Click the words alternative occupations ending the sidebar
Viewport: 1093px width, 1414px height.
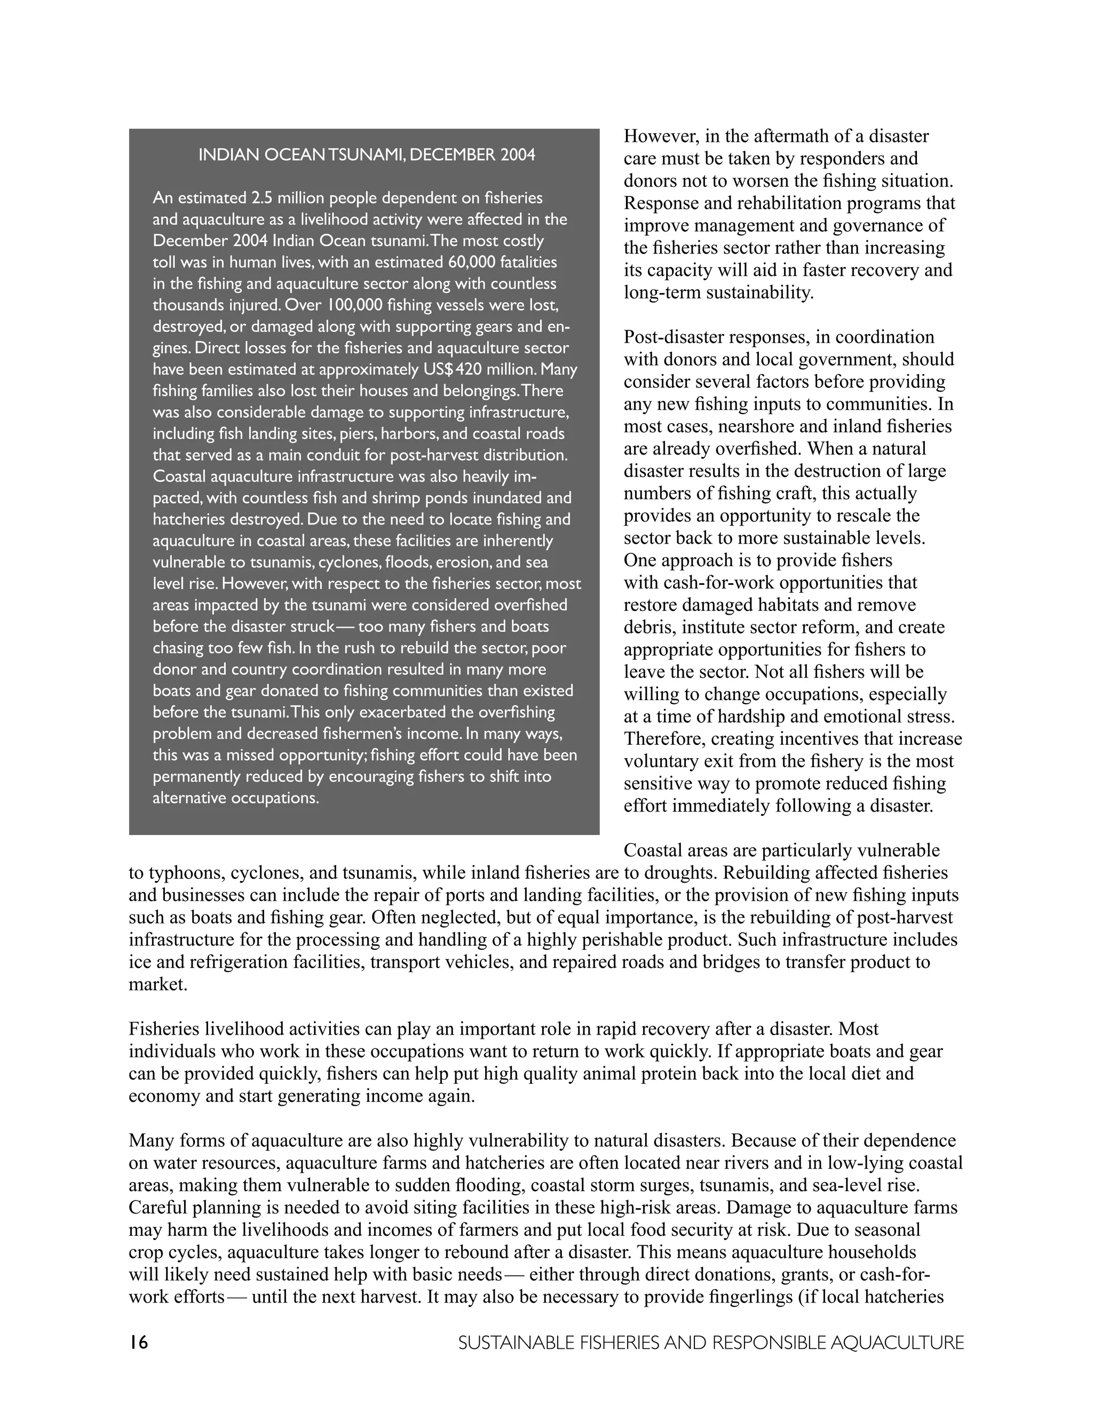click(x=236, y=798)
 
